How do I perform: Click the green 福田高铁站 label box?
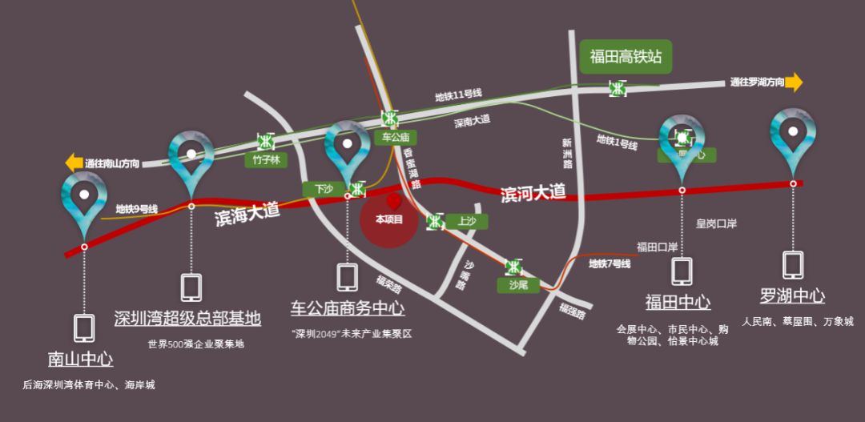[626, 57]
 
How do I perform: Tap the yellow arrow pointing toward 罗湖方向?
[794, 82]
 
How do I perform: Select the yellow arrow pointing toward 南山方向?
[74, 163]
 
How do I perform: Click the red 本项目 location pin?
[393, 201]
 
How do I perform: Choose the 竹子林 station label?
[265, 159]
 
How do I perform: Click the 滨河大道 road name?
[533, 193]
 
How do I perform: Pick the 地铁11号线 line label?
[458, 95]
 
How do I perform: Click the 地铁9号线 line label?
[136, 209]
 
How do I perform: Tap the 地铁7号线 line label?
[610, 263]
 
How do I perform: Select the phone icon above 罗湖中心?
[793, 265]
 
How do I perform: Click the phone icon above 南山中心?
[84, 328]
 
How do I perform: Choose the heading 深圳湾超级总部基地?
[187, 319]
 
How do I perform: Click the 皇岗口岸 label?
[716, 224]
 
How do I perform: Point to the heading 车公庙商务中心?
[347, 308]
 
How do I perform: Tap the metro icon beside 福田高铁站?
[618, 88]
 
